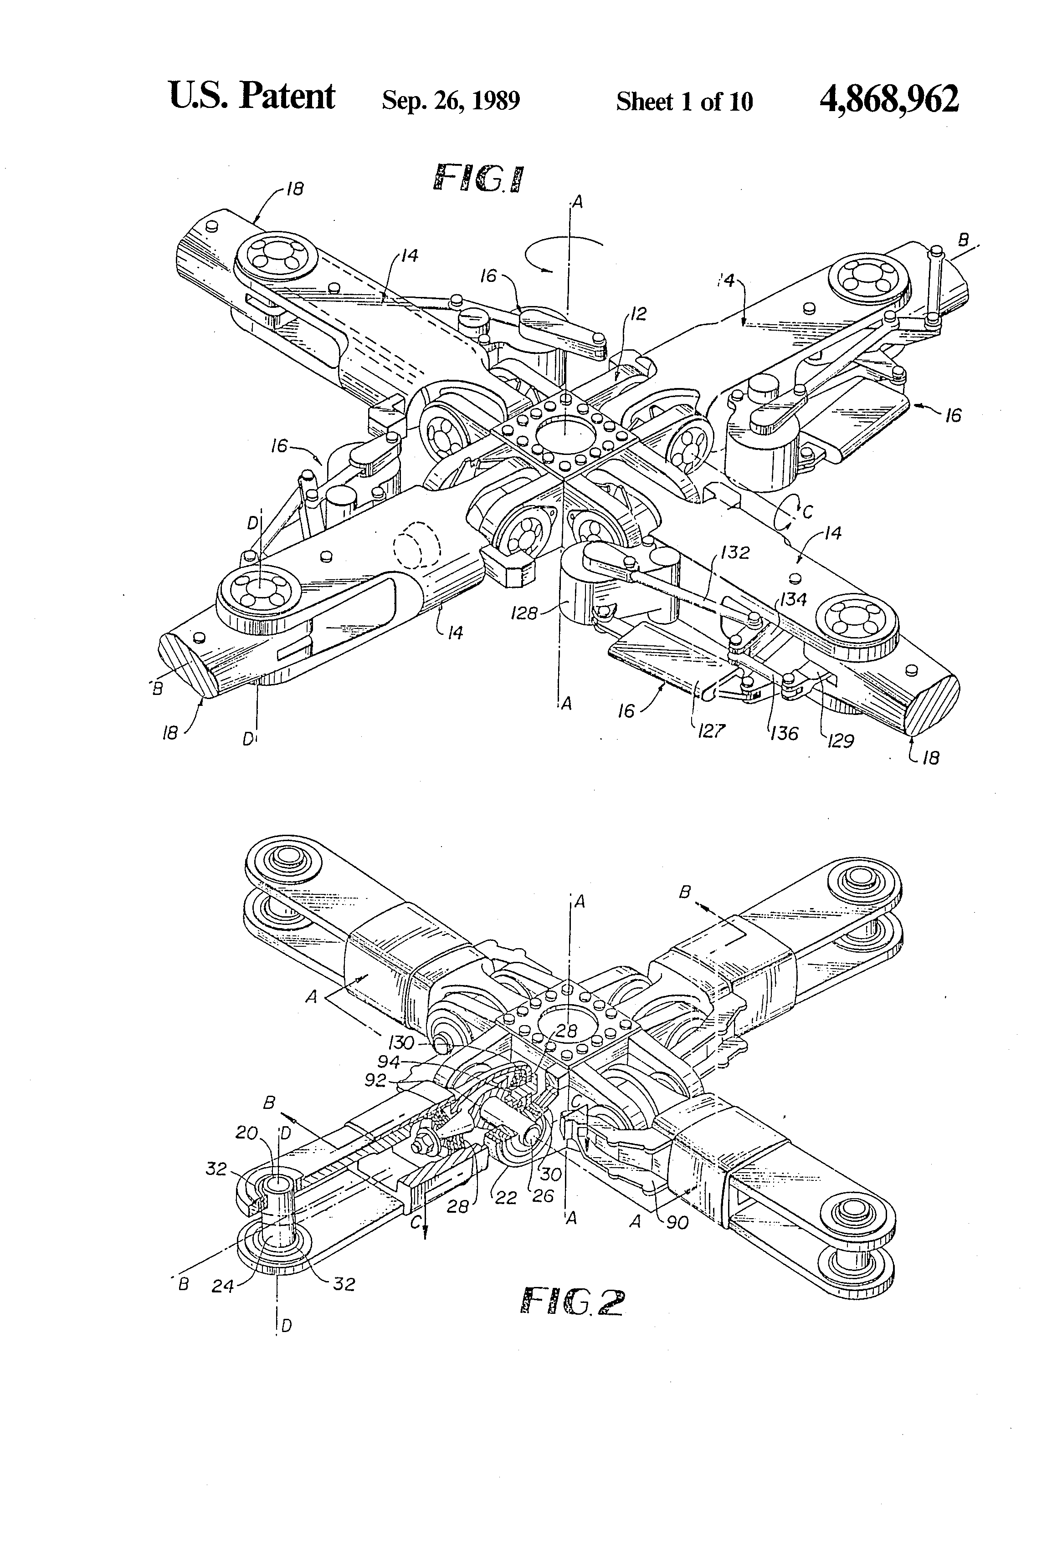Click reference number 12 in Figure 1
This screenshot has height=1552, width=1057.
(x=638, y=313)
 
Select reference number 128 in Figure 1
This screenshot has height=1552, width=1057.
(x=524, y=613)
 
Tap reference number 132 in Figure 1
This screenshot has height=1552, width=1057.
(x=735, y=552)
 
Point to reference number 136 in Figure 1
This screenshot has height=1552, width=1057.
(x=784, y=733)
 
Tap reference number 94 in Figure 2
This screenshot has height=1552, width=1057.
(x=388, y=1062)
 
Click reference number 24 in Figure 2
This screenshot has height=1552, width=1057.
(x=222, y=1285)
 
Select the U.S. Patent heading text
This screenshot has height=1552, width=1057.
(x=252, y=97)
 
